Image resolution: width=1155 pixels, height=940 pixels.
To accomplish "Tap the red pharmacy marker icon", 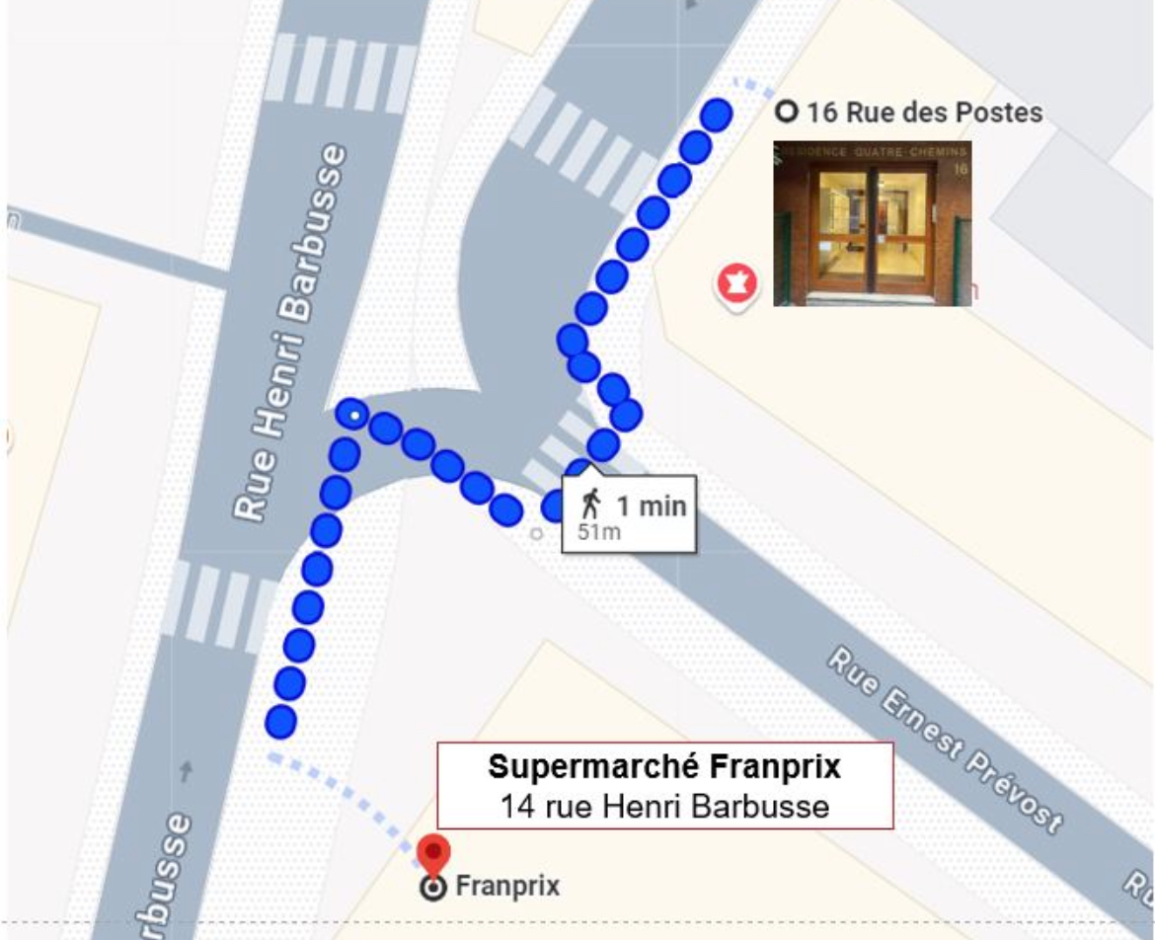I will click(736, 285).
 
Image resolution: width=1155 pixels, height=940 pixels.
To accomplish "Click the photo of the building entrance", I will click(872, 223).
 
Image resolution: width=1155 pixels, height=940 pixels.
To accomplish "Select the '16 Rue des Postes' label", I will click(923, 113).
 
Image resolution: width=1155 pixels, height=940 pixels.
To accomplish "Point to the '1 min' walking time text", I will click(651, 507).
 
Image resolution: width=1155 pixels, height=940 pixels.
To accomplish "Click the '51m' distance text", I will click(598, 533).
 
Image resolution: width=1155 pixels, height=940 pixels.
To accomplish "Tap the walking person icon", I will click(592, 504).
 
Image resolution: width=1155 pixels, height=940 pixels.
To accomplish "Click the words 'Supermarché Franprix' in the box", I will click(664, 766).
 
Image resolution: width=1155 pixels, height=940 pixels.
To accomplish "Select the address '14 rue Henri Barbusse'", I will click(664, 806).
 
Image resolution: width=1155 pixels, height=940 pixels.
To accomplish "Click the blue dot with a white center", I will click(352, 414).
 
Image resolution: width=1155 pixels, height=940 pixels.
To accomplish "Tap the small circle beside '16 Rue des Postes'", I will click(786, 112).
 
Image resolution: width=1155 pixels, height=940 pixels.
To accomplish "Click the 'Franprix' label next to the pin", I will click(507, 887).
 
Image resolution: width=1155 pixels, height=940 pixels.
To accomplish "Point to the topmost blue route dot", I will click(716, 115).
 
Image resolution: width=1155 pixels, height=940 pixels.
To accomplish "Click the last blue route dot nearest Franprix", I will click(281, 722).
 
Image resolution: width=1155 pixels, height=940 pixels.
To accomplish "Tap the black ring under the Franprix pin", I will click(432, 888).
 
